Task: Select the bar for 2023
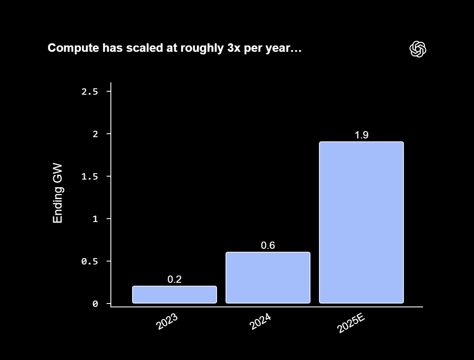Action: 175,295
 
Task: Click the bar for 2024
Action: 268,278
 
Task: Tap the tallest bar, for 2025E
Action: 361,222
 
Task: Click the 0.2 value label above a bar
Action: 175,279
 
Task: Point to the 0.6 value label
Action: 268,245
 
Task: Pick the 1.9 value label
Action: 361,135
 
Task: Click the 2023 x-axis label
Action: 167,322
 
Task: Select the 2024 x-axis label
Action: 260,322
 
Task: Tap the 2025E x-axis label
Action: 351,323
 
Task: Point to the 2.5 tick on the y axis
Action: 90,92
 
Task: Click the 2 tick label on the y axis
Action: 96,134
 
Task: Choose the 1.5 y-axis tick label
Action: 90,177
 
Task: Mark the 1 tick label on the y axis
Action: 96,219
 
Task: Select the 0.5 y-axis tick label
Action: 90,262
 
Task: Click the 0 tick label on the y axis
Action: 96,304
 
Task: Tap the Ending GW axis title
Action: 58,193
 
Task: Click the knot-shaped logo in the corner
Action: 418,49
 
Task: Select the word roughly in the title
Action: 199,48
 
